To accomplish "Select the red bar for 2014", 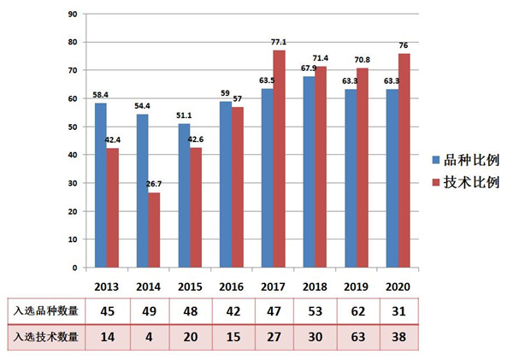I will pyautogui.click(x=154, y=230).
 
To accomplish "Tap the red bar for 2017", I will pyautogui.click(x=278, y=158).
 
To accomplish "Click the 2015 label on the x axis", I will pyautogui.click(x=189, y=285).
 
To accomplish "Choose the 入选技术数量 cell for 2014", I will pyautogui.click(x=148, y=338).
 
